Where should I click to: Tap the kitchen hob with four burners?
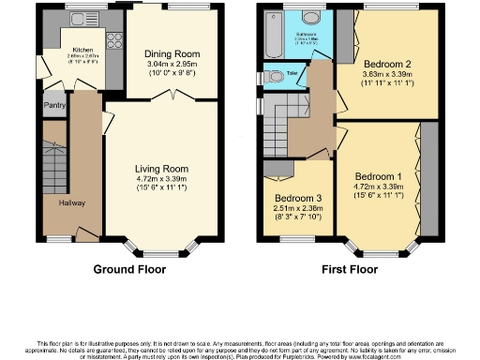point(115,42)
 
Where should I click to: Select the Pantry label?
point(52,106)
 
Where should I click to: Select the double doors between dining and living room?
point(170,97)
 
